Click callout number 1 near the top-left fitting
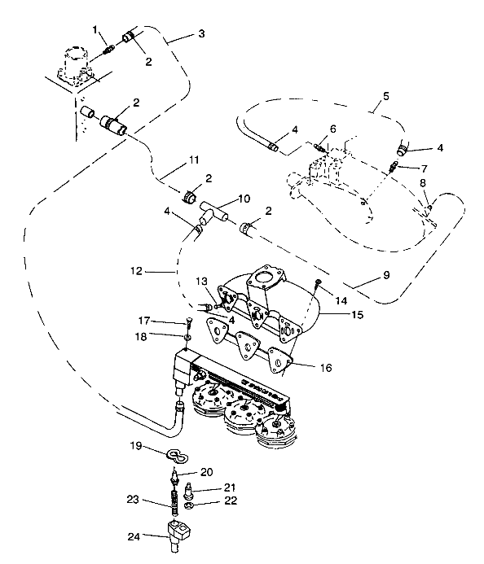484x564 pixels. click(95, 30)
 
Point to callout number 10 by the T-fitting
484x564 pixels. click(244, 198)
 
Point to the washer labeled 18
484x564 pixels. click(187, 335)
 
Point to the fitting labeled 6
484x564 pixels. click(321, 149)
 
